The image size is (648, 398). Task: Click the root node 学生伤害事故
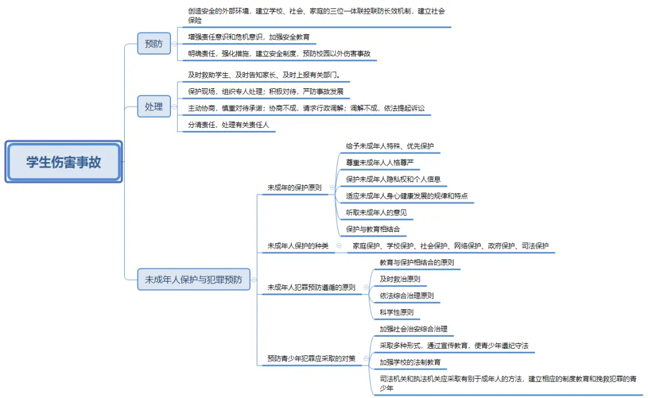[x=64, y=161]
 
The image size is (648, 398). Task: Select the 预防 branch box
[x=154, y=43]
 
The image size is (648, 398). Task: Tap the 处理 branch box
[x=154, y=106]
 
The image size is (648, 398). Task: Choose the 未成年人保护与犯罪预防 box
[x=193, y=279]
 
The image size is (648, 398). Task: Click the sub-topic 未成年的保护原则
[x=294, y=188]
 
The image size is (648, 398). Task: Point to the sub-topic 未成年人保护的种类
[x=298, y=246]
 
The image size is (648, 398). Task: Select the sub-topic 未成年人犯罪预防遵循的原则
[x=311, y=287]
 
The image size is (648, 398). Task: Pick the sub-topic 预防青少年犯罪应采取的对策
[x=311, y=358]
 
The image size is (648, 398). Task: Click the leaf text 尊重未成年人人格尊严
[x=380, y=163]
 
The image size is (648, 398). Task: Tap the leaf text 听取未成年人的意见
[x=376, y=213]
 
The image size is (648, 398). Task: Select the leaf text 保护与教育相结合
[x=373, y=229]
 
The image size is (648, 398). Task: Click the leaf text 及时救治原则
[x=400, y=279]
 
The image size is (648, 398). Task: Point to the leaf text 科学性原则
[x=397, y=312]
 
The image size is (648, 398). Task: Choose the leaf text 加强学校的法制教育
[x=410, y=362]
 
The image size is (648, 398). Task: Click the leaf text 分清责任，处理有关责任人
[x=228, y=125]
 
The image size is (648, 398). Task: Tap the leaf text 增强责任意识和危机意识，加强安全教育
[x=248, y=37]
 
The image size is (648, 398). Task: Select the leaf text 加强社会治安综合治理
[x=413, y=329]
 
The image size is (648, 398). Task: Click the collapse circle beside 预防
[x=175, y=44]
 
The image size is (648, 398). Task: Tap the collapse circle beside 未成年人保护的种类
[x=339, y=246]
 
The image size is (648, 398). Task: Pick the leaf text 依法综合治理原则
[x=407, y=295]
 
